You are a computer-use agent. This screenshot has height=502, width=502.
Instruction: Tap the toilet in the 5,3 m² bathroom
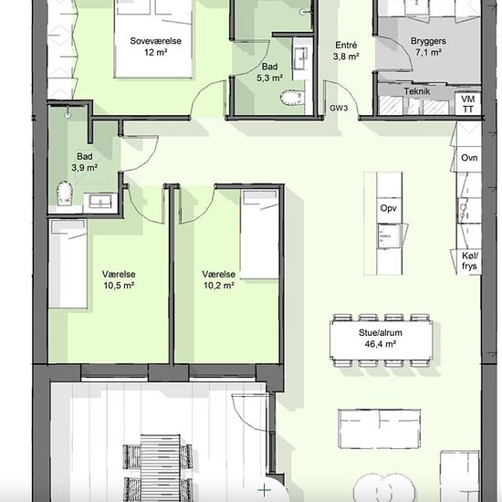(292, 98)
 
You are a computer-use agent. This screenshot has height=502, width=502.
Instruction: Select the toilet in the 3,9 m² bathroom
(65, 193)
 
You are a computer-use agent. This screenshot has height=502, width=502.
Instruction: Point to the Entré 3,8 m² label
(346, 51)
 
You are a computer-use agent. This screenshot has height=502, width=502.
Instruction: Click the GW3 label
(339, 109)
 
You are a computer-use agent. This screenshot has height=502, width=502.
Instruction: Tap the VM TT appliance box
(467, 103)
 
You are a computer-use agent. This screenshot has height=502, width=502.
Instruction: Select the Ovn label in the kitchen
(469, 158)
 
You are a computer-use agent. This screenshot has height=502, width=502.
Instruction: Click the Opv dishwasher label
(389, 208)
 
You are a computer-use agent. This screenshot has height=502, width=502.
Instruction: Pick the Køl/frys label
(470, 261)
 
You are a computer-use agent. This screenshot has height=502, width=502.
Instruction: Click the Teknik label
(417, 91)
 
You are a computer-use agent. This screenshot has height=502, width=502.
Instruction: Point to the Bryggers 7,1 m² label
(428, 47)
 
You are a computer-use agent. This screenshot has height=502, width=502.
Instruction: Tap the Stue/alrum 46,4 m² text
(381, 338)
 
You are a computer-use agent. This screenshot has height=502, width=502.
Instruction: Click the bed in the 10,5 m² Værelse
(68, 264)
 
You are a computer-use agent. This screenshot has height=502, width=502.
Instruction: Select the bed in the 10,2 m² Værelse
(259, 235)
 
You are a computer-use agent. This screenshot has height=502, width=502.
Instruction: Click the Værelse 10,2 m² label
(219, 279)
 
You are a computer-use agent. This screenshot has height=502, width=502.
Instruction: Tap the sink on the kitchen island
(389, 236)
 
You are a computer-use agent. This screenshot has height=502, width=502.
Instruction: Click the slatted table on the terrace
(161, 468)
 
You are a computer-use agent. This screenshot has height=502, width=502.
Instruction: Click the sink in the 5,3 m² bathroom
(301, 58)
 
